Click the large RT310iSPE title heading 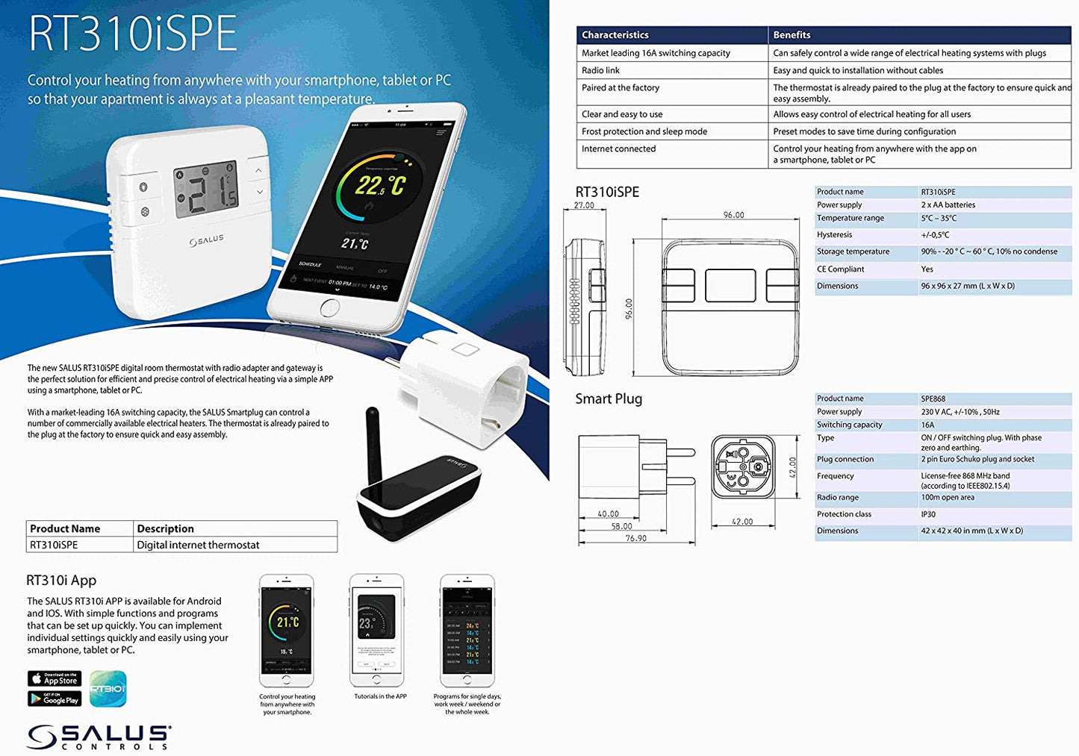pos(132,34)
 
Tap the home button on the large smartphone pos(329,307)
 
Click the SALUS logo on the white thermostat pos(206,240)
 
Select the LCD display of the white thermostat pos(206,190)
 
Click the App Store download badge pos(55,678)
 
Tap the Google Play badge pos(55,699)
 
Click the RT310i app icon pos(108,688)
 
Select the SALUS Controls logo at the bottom pos(99,737)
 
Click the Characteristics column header pos(615,35)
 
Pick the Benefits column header pos(792,35)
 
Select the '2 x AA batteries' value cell pos(948,204)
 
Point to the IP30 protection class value pos(928,514)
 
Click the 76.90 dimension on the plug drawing pos(635,538)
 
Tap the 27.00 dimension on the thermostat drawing pos(584,205)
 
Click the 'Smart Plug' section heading pos(609,399)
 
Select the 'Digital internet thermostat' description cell pos(198,545)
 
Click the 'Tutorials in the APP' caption pos(380,696)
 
